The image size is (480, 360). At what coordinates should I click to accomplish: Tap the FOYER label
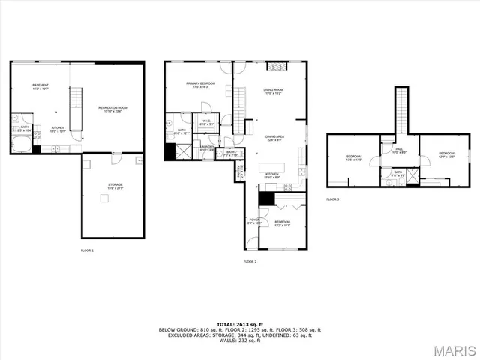(253, 221)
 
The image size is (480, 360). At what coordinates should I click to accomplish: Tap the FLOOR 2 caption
(250, 262)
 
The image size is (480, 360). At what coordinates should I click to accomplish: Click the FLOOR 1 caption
(87, 250)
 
